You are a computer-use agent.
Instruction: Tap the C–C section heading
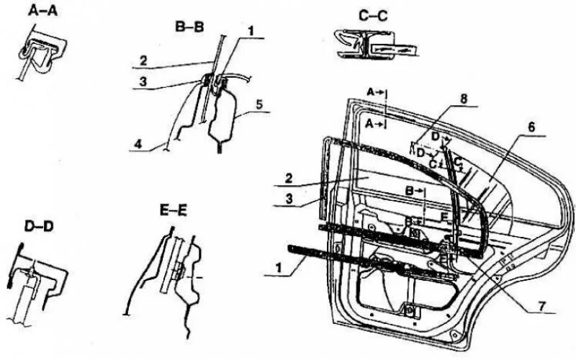[372, 14]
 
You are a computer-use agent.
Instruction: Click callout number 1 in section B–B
[251, 30]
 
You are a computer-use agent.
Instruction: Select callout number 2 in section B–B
[144, 60]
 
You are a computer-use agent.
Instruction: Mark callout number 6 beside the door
[531, 127]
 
